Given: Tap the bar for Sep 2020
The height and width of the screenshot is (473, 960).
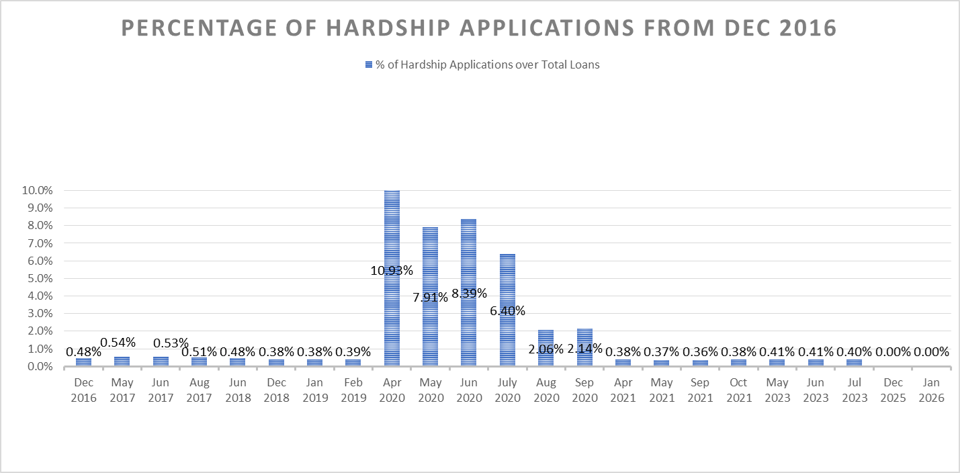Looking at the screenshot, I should tap(584, 336).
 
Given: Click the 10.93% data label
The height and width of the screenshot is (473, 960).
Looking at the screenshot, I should tap(392, 271).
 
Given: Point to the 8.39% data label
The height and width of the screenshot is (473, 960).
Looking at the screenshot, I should tap(468, 293).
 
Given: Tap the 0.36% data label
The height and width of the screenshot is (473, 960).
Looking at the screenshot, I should tap(700, 351).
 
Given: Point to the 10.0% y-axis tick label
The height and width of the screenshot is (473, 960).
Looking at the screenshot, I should tap(37, 190).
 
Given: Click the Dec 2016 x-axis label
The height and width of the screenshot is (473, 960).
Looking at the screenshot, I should tap(84, 390).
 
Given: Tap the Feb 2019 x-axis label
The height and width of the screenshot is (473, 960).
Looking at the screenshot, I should tap(353, 390).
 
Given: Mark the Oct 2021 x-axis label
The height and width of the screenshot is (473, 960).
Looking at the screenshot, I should tap(738, 390).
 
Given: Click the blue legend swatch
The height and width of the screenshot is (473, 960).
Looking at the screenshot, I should tap(368, 65).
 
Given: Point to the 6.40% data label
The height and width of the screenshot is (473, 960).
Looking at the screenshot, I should tap(507, 310).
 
